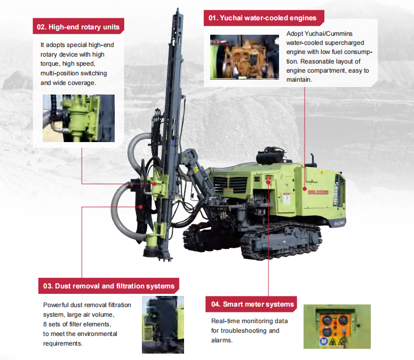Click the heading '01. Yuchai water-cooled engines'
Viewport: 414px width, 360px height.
point(262,18)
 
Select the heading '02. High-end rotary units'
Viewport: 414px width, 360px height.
point(78,27)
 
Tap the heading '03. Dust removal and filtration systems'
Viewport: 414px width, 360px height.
point(109,286)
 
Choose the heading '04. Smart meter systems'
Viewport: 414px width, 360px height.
point(252,304)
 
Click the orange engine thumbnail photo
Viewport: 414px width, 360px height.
point(244,57)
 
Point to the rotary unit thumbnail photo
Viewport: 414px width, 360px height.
point(78,118)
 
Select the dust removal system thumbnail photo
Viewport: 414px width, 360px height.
point(163,325)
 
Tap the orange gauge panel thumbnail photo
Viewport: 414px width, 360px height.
point(337,326)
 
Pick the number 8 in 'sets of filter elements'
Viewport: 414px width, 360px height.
point(45,324)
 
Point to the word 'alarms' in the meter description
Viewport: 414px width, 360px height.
point(221,340)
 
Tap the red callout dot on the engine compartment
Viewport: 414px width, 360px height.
point(305,189)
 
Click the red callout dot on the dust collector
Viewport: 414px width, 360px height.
point(141,207)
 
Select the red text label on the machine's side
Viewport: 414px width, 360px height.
point(318,192)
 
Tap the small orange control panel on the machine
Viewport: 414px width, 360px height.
point(269,179)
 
